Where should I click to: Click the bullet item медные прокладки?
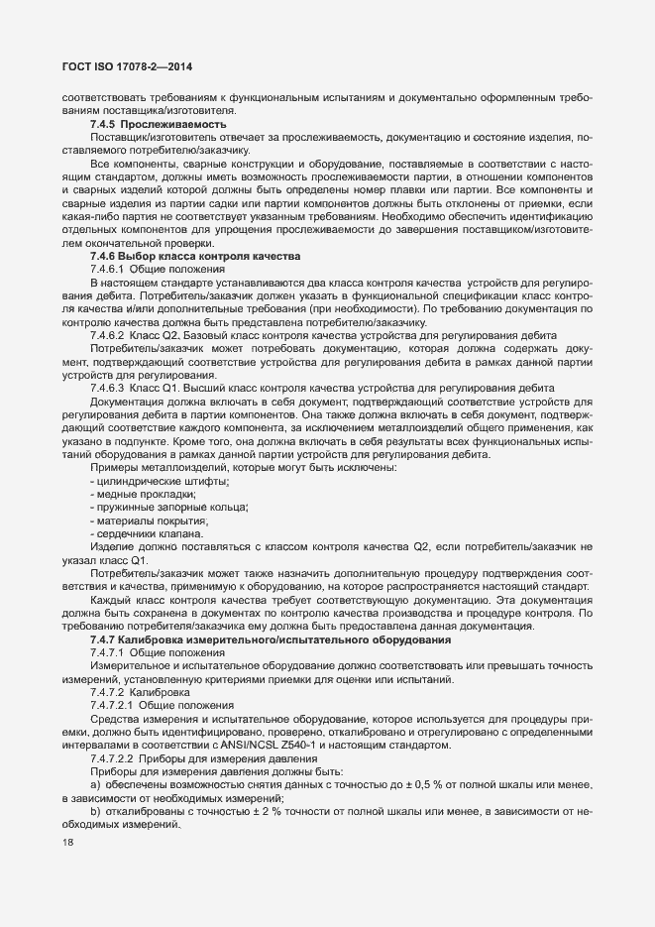click(x=145, y=495)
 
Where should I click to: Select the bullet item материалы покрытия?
click(x=151, y=521)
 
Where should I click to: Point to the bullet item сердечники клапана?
click(x=149, y=533)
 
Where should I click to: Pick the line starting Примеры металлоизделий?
click(x=242, y=468)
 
